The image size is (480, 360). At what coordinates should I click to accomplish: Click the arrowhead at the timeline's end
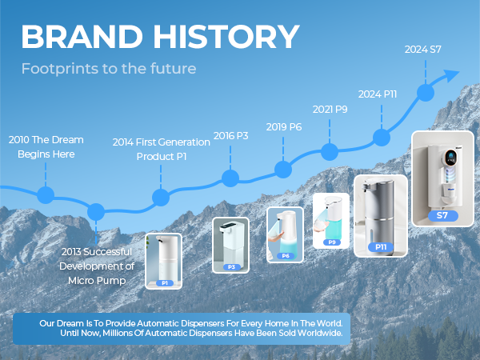[451, 76]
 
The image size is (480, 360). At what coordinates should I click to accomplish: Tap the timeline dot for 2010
[46, 194]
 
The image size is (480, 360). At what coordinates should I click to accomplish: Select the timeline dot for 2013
[96, 211]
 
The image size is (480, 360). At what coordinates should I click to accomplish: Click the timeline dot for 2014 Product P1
[161, 198]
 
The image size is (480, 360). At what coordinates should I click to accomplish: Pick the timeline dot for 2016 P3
[230, 178]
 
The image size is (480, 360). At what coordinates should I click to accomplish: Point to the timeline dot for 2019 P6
[283, 169]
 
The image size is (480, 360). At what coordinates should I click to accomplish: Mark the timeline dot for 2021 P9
[329, 150]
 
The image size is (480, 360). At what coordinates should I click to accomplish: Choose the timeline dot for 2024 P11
[382, 136]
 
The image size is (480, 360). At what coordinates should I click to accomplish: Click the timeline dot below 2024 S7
[426, 92]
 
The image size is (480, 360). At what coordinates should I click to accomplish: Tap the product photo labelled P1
[163, 261]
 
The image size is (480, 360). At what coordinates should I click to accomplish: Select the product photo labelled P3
[230, 245]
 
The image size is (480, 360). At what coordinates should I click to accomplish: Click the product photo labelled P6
[286, 234]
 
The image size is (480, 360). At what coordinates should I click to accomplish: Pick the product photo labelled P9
[331, 220]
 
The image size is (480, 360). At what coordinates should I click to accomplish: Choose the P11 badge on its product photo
[381, 247]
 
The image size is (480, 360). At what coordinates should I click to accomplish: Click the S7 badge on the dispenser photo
[442, 215]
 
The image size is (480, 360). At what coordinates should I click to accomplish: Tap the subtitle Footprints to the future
[109, 69]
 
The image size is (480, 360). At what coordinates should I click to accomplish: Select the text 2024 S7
[423, 50]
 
